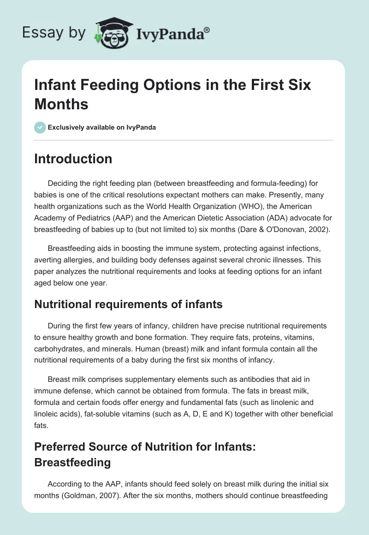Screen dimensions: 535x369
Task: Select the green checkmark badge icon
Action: (40, 127)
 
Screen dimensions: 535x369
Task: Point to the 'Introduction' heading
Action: (73, 159)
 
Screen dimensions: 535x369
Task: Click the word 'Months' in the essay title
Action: (61, 104)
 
